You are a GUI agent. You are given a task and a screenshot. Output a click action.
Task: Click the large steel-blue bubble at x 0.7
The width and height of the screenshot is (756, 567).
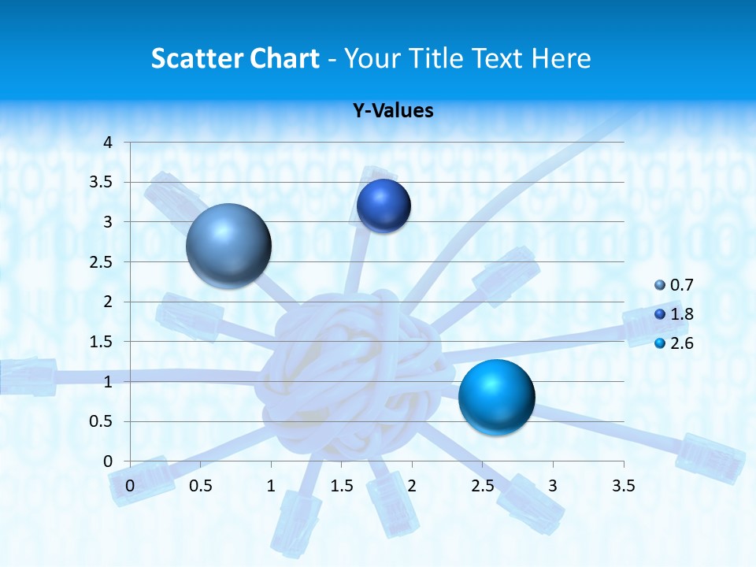228,246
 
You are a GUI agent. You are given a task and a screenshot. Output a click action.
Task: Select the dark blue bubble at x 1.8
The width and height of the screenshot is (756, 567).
384,206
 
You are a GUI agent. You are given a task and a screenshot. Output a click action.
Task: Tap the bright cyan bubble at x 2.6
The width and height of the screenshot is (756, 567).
496,397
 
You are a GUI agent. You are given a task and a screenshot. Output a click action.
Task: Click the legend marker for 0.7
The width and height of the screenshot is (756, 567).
660,285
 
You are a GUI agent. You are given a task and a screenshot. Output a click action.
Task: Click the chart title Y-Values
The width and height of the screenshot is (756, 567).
392,110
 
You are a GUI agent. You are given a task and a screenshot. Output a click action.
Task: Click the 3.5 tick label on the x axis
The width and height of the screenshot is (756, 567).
623,485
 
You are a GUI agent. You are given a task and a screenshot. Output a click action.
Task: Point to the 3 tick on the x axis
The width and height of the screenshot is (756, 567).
553,485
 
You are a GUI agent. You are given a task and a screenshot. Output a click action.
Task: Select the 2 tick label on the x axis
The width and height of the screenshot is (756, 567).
412,485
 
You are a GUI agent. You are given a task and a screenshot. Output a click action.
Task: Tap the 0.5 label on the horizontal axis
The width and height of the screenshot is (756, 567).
200,485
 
